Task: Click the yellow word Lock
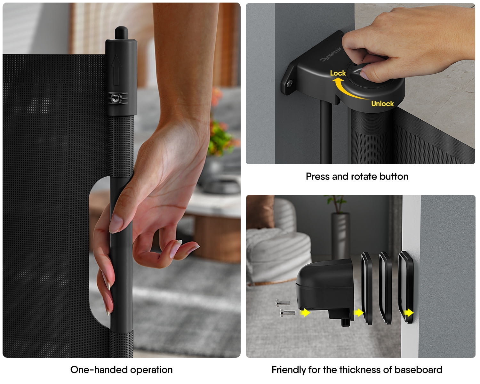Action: click(x=338, y=73)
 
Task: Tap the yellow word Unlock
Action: click(x=382, y=104)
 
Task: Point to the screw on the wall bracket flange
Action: click(x=290, y=84)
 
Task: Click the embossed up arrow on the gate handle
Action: click(x=116, y=70)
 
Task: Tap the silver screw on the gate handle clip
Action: click(x=116, y=98)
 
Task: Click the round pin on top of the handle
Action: click(x=121, y=33)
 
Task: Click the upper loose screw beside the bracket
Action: click(x=283, y=302)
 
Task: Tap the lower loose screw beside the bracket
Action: click(x=287, y=312)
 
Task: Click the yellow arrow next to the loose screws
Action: click(x=305, y=312)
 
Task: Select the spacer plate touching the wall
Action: click(x=406, y=287)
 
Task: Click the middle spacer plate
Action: click(x=385, y=288)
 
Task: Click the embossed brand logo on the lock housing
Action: click(x=331, y=54)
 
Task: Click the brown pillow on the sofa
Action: click(x=260, y=212)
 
